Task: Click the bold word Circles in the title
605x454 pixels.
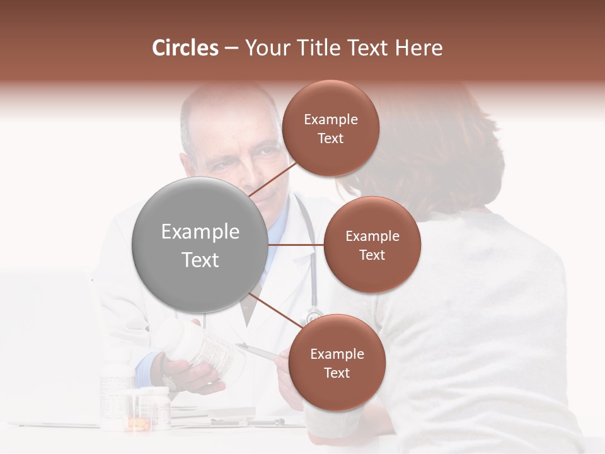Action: [185, 48]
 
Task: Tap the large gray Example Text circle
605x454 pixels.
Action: [200, 245]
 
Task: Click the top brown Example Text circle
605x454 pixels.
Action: [330, 129]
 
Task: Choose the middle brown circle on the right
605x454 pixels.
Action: [372, 245]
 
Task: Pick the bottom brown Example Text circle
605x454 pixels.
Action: [337, 363]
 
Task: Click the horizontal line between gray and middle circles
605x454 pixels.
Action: [296, 245]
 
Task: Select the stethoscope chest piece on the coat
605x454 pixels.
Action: [313, 315]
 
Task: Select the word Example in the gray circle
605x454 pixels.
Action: [200, 232]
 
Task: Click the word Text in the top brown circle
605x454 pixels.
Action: [330, 138]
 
